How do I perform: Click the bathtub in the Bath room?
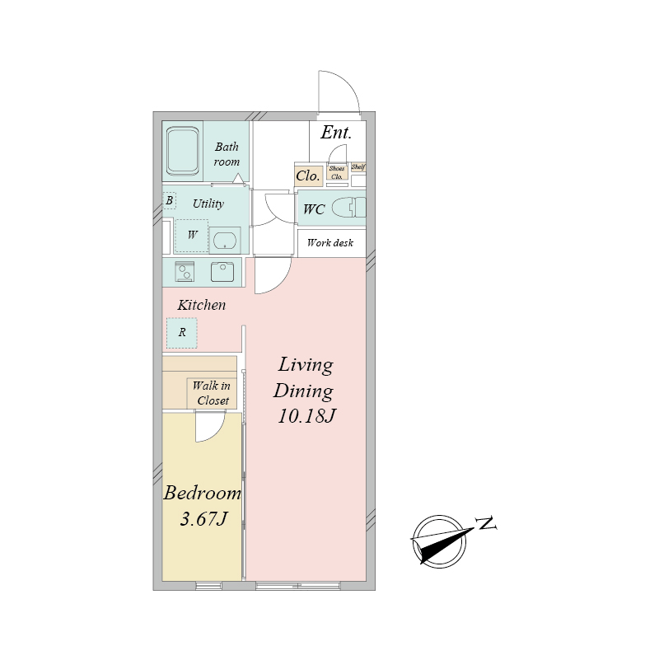(x=182, y=151)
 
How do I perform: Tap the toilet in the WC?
(x=348, y=208)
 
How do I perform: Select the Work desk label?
(x=330, y=243)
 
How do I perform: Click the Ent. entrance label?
(x=336, y=133)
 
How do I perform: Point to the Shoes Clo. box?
(x=337, y=172)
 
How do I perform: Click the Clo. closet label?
(x=308, y=176)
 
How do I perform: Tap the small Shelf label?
(x=358, y=167)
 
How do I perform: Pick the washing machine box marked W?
(x=192, y=236)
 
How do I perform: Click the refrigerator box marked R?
(x=182, y=333)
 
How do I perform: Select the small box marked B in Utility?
(x=169, y=200)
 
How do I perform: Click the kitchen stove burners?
(x=185, y=271)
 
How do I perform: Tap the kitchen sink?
(x=222, y=271)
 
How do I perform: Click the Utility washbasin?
(x=225, y=241)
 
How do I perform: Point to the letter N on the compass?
(x=486, y=523)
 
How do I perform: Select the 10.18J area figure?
(x=306, y=416)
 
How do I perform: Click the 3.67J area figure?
(x=203, y=519)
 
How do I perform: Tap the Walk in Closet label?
(x=212, y=393)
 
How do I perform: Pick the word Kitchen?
(x=202, y=305)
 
